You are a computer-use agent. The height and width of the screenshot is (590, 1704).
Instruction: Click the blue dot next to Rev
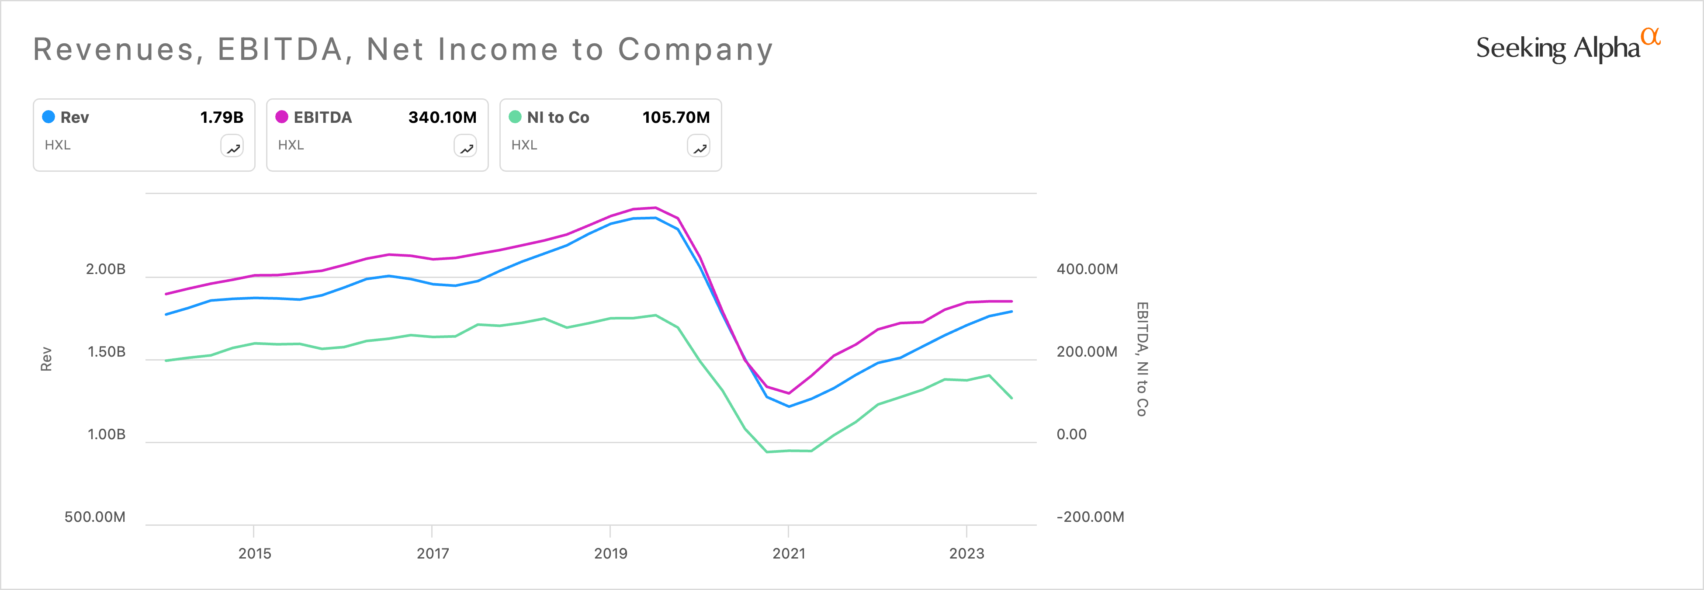tap(48, 117)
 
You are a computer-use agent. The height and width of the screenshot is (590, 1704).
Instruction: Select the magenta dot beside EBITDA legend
tap(282, 117)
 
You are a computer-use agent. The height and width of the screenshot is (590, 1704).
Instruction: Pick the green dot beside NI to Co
tap(515, 117)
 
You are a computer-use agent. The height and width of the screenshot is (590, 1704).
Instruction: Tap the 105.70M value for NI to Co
tap(675, 117)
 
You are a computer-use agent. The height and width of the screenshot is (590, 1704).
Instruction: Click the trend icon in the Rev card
tap(232, 146)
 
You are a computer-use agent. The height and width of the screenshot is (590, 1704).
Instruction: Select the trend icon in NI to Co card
tap(699, 146)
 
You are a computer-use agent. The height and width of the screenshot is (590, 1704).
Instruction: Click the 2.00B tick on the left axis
tap(105, 269)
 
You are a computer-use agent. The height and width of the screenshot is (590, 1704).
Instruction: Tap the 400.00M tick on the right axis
tap(1087, 269)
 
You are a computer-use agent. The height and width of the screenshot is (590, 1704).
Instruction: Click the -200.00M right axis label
tap(1090, 517)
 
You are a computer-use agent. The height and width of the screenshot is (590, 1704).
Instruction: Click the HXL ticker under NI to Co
tap(524, 145)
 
